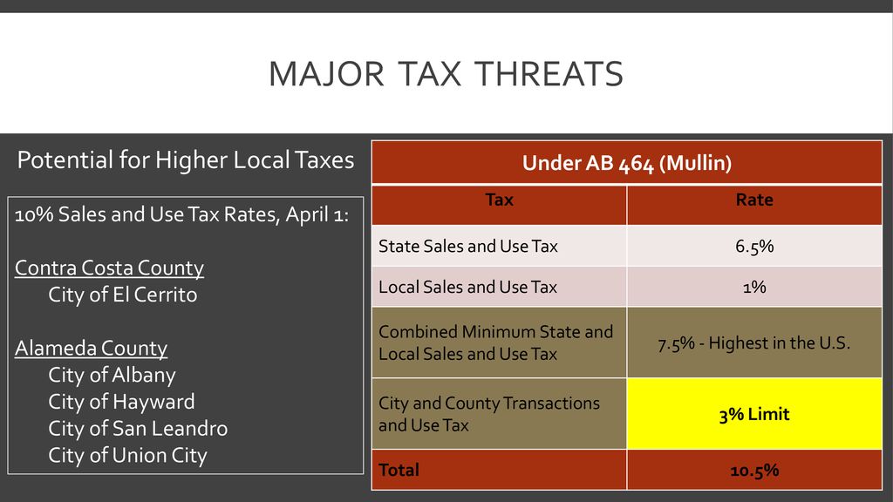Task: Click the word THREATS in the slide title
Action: point(549,74)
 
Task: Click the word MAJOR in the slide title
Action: point(326,74)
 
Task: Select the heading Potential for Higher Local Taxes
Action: point(186,160)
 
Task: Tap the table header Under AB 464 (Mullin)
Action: point(626,163)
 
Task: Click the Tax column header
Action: point(499,200)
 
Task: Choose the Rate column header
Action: point(754,200)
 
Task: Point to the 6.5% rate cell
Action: point(754,247)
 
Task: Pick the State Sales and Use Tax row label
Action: point(468,247)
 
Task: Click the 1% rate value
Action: point(754,287)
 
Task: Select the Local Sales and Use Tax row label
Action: point(467,287)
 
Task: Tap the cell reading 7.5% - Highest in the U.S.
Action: point(754,343)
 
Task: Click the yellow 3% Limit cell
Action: point(754,414)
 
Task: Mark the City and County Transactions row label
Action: point(488,414)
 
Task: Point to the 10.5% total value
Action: point(754,471)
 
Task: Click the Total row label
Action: point(399,470)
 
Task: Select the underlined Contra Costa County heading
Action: point(109,268)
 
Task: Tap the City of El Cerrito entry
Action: point(122,295)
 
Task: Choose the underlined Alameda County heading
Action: point(91,349)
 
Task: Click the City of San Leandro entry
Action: point(138,429)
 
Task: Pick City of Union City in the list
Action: point(127,455)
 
